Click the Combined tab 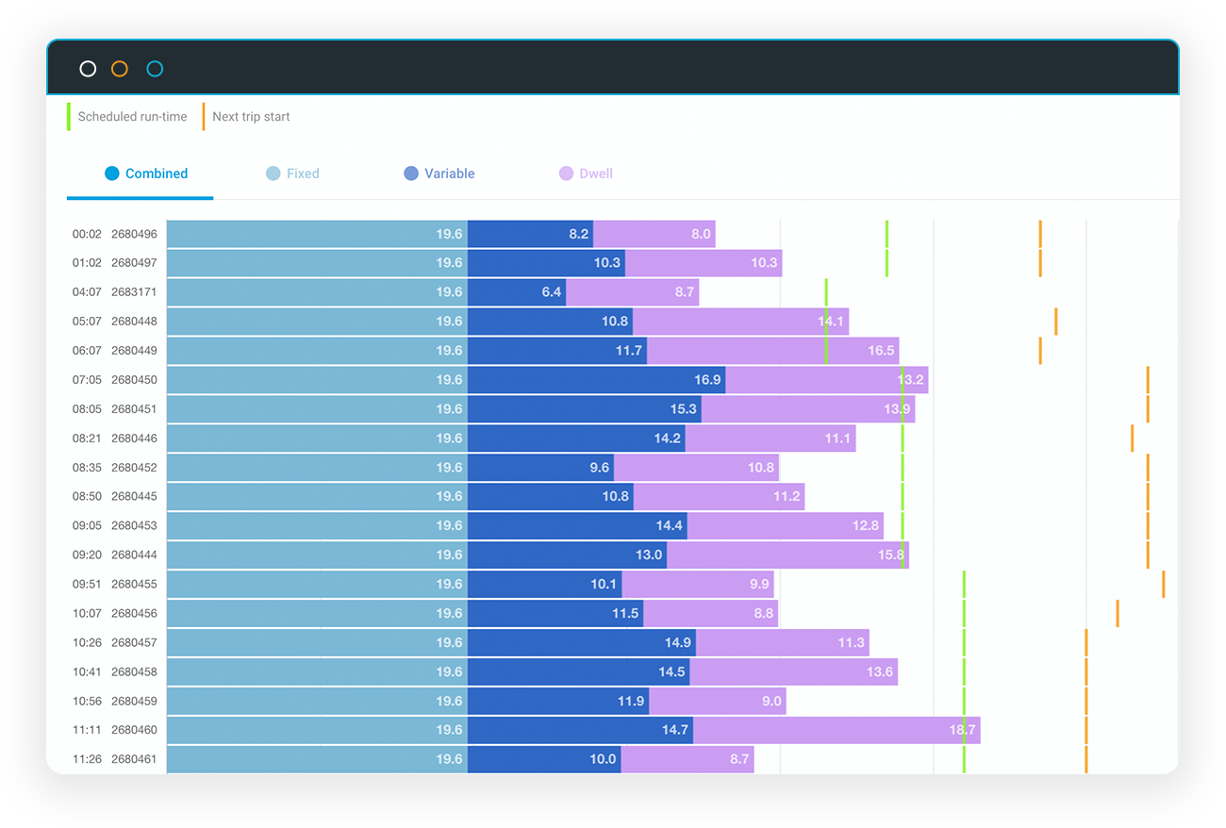146,174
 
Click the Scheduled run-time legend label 132,117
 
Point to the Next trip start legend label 251,117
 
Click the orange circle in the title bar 119,69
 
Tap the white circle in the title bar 88,69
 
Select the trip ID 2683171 134,292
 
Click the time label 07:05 87,380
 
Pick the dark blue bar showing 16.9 596,380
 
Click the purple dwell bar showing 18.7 836,730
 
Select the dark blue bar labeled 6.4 516,292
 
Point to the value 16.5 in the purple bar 881,351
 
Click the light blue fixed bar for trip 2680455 317,584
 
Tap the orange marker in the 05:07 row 1055,322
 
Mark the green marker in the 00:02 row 886,234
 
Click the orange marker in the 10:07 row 1117,613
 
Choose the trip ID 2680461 134,759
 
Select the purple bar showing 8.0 654,234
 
